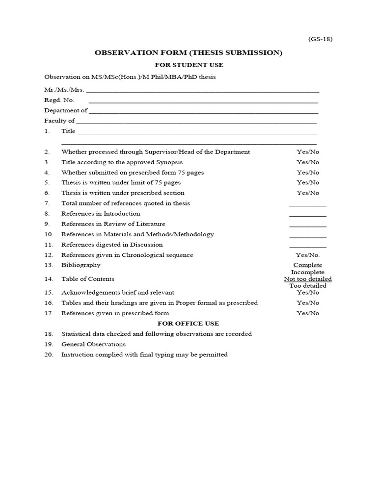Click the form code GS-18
(x=320, y=39)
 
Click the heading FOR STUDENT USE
(x=189, y=65)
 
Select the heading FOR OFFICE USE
(x=188, y=324)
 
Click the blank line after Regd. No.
(x=203, y=101)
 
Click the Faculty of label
(x=59, y=121)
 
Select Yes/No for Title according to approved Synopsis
(x=308, y=162)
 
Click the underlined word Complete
(x=308, y=265)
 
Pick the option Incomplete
(x=308, y=272)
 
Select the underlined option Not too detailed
(x=308, y=279)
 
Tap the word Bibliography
(x=81, y=265)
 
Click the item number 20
(x=48, y=354)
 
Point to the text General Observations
(x=93, y=344)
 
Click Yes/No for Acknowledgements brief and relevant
(x=308, y=293)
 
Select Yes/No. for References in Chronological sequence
(x=308, y=255)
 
